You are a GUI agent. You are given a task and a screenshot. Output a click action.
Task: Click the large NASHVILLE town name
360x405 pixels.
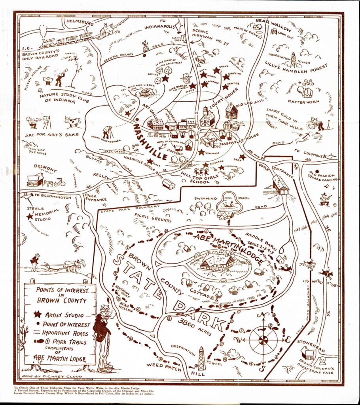tap(150, 142)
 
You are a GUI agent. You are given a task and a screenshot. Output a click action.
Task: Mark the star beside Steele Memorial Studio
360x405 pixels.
tap(29, 217)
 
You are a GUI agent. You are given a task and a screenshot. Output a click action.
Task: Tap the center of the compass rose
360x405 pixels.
tap(263, 339)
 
